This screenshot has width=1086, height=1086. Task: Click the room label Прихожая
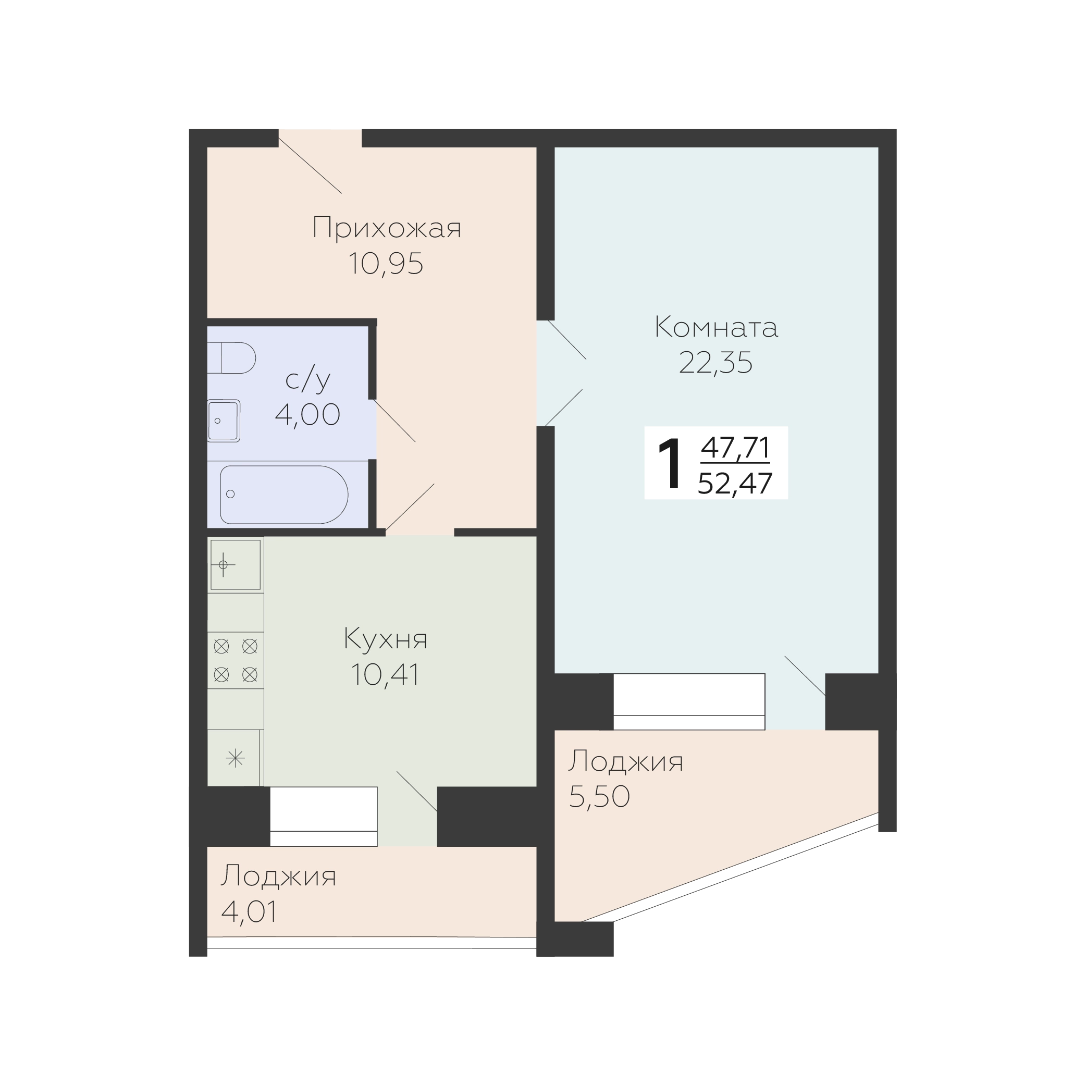[387, 228]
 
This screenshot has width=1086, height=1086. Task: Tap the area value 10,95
[386, 263]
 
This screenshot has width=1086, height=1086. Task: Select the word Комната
[716, 327]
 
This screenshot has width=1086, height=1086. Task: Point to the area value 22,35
[715, 363]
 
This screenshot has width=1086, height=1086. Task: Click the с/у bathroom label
[307, 379]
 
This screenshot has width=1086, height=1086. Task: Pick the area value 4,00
[307, 415]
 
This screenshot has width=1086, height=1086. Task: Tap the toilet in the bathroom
[231, 357]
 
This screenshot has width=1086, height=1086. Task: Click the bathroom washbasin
[224, 421]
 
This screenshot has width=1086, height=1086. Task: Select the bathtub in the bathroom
[284, 495]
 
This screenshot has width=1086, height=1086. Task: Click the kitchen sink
[236, 565]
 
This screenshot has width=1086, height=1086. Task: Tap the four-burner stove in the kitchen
[236, 660]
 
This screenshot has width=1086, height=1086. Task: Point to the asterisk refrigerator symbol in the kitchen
[235, 759]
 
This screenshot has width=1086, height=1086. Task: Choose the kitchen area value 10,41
[386, 674]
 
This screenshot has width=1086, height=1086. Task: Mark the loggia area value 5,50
[599, 796]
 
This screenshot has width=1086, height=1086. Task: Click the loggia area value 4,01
[250, 912]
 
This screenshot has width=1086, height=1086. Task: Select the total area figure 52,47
[735, 483]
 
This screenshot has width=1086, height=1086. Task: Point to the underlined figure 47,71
[735, 448]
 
